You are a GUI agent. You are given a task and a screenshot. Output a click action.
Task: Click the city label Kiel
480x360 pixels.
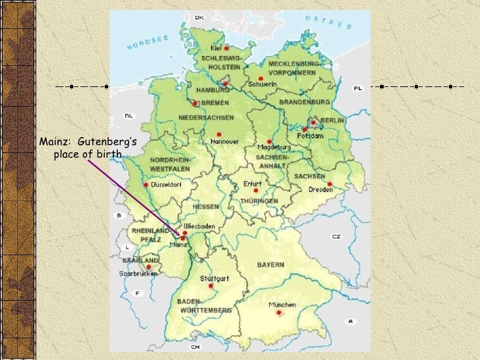pyautogui.click(x=216, y=48)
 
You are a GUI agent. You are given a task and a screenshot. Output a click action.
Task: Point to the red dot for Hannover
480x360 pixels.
pyautogui.click(x=219, y=134)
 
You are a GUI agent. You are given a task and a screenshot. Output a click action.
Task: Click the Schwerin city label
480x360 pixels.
pyautogui.click(x=262, y=85)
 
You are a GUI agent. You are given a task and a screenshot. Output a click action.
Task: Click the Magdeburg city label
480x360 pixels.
pyautogui.click(x=274, y=147)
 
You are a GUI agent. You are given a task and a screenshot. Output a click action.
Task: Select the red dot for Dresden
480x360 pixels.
pyautogui.click(x=329, y=184)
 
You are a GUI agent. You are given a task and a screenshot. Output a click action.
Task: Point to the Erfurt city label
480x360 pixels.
pyautogui.click(x=253, y=184)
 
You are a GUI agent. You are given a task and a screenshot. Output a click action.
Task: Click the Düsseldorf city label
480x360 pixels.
pyautogui.click(x=166, y=185)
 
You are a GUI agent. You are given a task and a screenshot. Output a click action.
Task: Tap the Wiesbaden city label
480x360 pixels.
pyautogui.click(x=199, y=225)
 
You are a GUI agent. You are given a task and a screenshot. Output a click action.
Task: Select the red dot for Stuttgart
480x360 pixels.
pyautogui.click(x=211, y=286)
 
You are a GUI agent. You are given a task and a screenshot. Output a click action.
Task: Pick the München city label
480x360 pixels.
pyautogui.click(x=282, y=305)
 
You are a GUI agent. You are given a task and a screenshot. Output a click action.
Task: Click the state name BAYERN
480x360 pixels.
pyautogui.click(x=271, y=265)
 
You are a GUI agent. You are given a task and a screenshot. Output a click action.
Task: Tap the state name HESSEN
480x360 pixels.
pyautogui.click(x=205, y=206)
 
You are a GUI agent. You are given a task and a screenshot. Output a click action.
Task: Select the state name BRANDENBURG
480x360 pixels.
pyautogui.click(x=304, y=102)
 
